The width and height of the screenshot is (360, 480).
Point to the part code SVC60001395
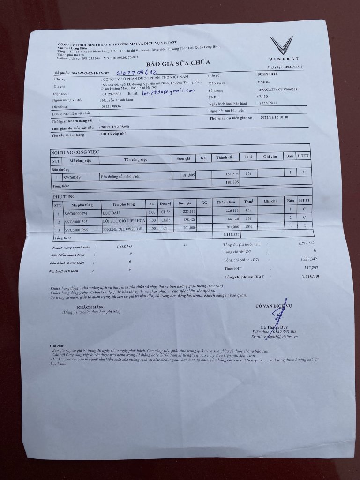pyautogui.click(x=79, y=221)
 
